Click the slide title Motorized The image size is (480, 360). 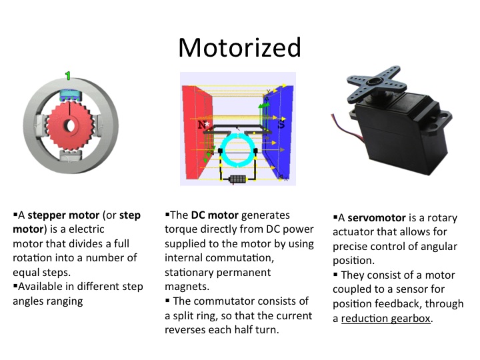pos(240,48)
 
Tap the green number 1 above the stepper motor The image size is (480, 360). pos(68,75)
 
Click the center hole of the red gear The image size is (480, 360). pos(70,125)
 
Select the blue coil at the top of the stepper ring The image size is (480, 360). pos(71,95)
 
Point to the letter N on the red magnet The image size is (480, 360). pos(202,125)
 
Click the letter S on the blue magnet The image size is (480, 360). pos(281,124)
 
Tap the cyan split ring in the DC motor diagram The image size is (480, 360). pos(239,150)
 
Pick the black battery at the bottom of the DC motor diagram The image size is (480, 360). pos(237,179)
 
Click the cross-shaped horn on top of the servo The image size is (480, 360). pos(374,83)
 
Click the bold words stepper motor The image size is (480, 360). pos(64,215)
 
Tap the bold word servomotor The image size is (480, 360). pos(377,218)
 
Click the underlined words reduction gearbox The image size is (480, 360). pos(386,319)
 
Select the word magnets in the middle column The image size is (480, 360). pos(187,287)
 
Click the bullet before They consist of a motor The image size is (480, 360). pos(335,274)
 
